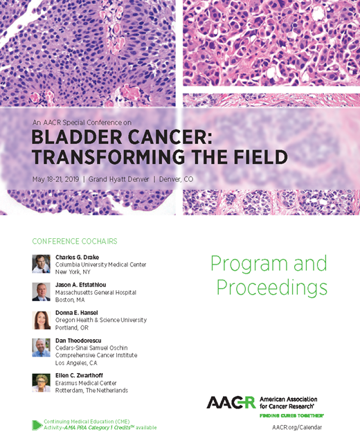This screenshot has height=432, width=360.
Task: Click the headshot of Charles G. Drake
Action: [41, 264]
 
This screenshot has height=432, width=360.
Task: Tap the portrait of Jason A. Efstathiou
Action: [41, 291]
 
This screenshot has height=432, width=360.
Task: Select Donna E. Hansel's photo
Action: [41, 320]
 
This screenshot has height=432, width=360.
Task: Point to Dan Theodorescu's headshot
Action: [41, 348]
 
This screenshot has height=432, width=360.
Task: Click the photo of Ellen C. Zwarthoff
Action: [41, 383]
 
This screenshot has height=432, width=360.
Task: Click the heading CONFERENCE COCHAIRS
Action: [74, 242]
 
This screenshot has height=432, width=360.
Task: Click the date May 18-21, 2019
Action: [56, 179]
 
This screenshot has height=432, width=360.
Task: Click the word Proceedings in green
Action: [269, 287]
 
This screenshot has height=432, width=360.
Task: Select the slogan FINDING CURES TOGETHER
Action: [291, 414]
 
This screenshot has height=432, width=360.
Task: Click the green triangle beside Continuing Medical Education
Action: [37, 424]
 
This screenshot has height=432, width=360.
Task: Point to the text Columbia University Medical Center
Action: [100, 264]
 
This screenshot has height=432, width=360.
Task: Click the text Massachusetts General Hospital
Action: [96, 292]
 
